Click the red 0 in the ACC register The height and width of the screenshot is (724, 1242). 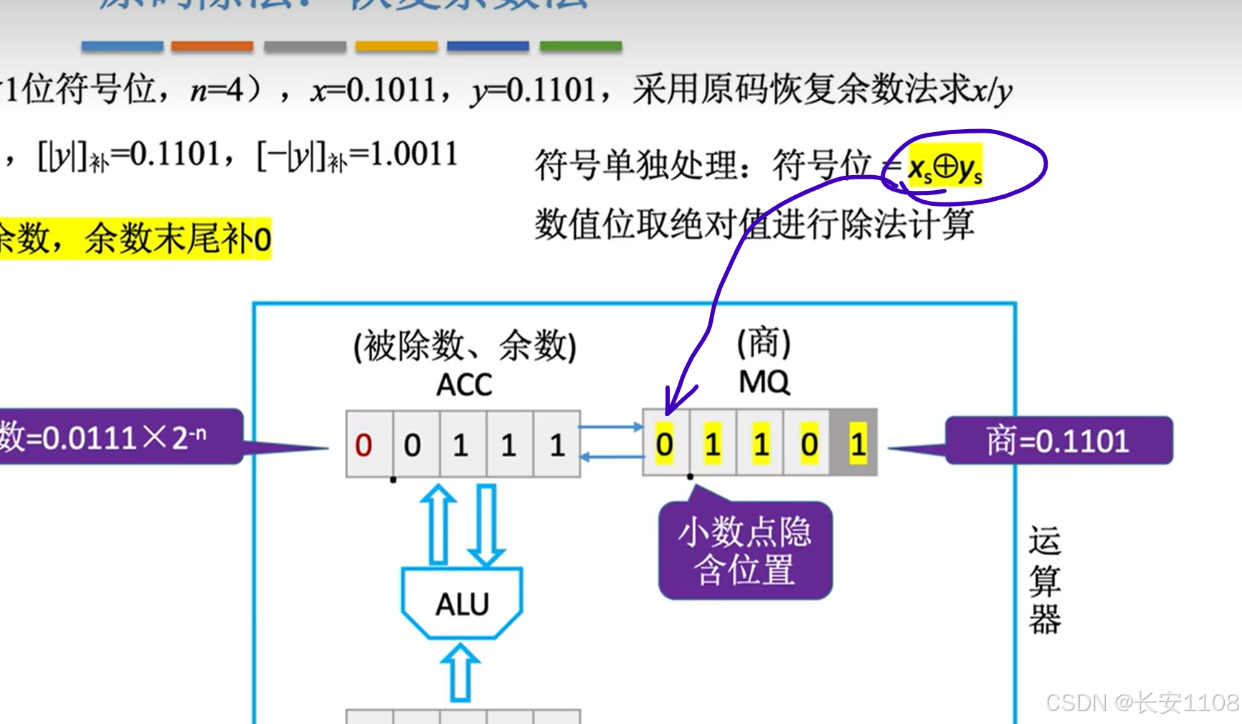click(x=364, y=445)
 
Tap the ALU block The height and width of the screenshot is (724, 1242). click(x=462, y=604)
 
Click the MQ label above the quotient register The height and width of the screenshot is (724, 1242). click(x=764, y=382)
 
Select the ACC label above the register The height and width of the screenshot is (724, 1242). click(x=464, y=385)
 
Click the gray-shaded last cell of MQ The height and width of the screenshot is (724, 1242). click(x=855, y=443)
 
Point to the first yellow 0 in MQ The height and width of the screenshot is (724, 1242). click(x=665, y=444)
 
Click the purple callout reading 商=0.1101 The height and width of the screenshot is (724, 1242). click(x=1058, y=441)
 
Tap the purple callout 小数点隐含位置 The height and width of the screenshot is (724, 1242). click(x=745, y=551)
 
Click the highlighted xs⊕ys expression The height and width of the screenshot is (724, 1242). click(x=945, y=168)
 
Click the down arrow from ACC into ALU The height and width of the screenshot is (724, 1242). click(x=486, y=526)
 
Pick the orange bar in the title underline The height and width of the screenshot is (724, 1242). click(x=212, y=47)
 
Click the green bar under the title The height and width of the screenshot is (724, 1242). click(x=580, y=47)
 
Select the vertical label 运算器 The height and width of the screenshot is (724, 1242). click(x=1044, y=580)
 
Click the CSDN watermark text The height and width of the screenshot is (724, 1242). click(x=1142, y=702)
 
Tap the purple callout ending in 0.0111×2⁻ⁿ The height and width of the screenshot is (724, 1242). click(x=115, y=437)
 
